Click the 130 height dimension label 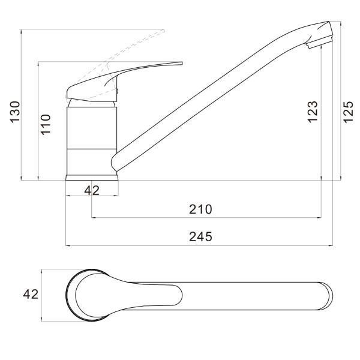click(15, 112)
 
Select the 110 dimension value click(46, 124)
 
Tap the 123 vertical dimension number click(313, 112)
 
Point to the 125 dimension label click(348, 112)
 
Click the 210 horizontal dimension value click(200, 209)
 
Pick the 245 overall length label click(200, 237)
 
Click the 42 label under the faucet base click(92, 190)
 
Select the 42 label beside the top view click(31, 294)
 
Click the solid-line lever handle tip click(182, 63)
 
